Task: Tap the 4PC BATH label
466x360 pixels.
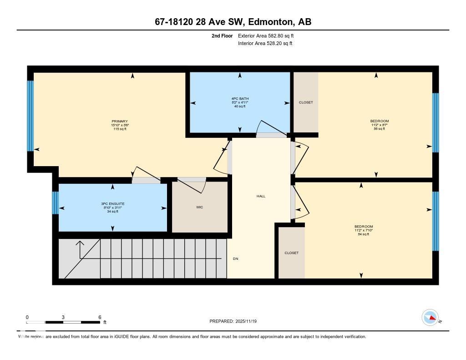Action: click(239, 98)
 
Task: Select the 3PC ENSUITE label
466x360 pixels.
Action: click(113, 203)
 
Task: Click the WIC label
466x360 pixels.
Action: click(199, 207)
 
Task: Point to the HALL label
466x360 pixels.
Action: click(261, 196)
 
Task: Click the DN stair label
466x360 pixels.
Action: click(235, 259)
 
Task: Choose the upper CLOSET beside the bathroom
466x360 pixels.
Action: click(306, 102)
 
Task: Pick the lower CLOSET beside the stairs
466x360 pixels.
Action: click(291, 253)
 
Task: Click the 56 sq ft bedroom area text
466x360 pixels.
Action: click(379, 129)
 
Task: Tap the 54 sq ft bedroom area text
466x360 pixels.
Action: click(364, 234)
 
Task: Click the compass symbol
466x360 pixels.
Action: click(430, 318)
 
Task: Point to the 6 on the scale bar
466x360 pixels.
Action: click(99, 317)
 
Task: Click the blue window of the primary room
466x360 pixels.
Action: click(30, 116)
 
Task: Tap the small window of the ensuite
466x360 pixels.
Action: click(55, 203)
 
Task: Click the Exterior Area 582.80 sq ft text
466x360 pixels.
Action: click(269, 35)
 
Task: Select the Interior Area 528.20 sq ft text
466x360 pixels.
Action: click(265, 44)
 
